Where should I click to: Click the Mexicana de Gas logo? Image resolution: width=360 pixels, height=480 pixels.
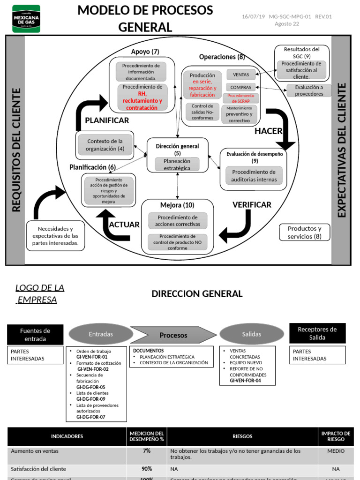click(26, 18)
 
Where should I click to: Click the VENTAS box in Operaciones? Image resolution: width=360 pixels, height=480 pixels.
click(241, 75)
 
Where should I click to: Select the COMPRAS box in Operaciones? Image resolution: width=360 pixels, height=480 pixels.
click(241, 87)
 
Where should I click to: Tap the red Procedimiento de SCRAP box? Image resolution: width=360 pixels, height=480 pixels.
click(240, 98)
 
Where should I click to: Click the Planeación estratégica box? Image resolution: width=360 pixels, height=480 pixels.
click(177, 165)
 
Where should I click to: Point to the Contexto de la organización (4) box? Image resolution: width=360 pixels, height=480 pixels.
click(105, 145)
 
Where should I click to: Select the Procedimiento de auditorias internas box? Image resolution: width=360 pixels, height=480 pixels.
click(254, 176)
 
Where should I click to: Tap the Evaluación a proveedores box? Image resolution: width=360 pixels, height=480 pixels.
click(309, 90)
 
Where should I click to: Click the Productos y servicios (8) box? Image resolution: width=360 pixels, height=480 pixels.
click(305, 232)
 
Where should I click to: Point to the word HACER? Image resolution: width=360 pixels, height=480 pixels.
click(268, 131)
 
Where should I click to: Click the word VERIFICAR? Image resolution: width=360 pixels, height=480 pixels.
click(252, 205)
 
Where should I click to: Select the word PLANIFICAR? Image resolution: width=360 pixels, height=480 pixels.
click(107, 120)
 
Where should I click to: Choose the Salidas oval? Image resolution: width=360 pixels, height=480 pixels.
click(251, 334)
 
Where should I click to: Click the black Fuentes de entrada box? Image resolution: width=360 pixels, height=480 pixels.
click(35, 334)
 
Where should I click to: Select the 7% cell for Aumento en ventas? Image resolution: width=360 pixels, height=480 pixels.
click(147, 451)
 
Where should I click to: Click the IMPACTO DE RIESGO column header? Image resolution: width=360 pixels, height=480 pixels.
click(336, 436)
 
